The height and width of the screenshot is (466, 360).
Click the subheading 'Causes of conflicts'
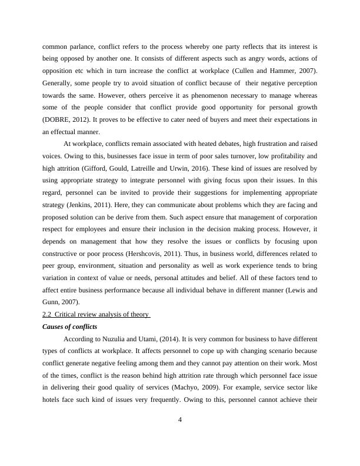click(68, 325)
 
